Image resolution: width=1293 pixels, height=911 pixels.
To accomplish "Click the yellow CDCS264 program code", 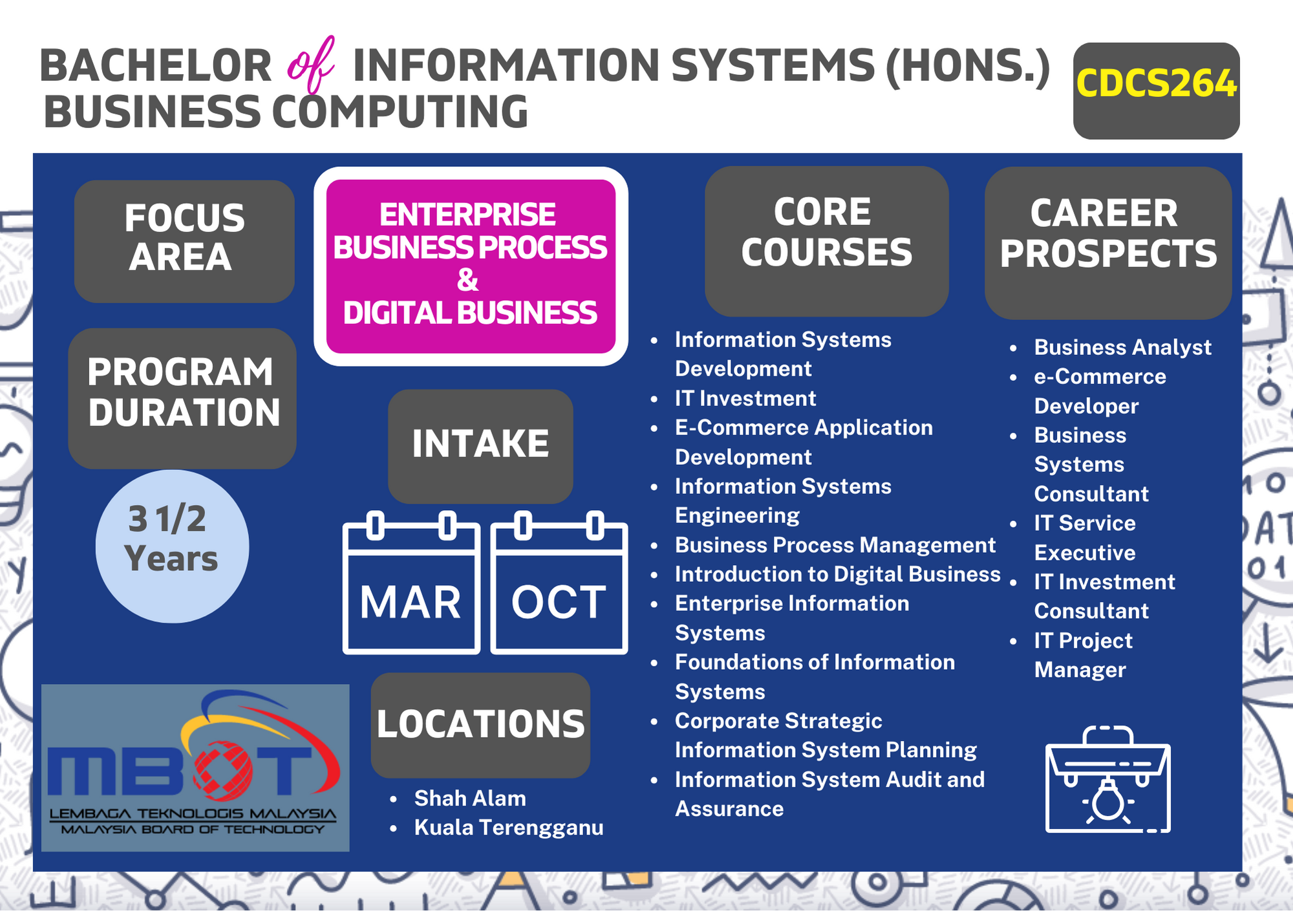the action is [x=1156, y=84].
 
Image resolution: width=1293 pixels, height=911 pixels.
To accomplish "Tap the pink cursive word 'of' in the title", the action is [x=312, y=65].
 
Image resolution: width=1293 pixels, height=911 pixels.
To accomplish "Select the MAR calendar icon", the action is [x=411, y=583].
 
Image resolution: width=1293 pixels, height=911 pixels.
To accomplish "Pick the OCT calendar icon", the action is [x=559, y=583].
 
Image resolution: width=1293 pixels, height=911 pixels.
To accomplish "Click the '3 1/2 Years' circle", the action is [x=172, y=546].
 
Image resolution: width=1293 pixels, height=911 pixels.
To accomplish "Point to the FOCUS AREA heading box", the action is [x=184, y=241].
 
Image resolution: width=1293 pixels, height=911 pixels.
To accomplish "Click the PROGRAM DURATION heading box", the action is [x=182, y=398].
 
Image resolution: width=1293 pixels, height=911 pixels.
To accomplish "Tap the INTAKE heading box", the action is [x=480, y=446].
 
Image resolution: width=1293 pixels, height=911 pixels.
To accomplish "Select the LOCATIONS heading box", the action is [x=480, y=725].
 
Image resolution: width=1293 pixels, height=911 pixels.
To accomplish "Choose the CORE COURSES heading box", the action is [x=827, y=241].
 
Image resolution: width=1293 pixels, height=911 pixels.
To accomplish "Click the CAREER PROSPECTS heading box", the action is [x=1108, y=243].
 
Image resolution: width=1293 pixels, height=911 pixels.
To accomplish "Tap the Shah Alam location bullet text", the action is [x=470, y=798].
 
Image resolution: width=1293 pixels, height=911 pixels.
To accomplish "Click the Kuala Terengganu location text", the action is [x=509, y=828].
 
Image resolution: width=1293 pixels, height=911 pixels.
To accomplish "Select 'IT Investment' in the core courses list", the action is [x=745, y=398].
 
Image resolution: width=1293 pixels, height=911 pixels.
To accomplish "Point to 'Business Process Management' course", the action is [x=835, y=545].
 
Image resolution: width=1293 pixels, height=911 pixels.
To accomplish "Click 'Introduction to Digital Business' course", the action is [x=838, y=574].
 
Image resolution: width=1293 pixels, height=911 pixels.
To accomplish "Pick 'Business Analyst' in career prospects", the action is [x=1123, y=347].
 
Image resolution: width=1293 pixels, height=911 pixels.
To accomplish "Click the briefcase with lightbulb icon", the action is [x=1108, y=779].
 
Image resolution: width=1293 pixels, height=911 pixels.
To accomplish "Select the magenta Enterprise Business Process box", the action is [x=471, y=266].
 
